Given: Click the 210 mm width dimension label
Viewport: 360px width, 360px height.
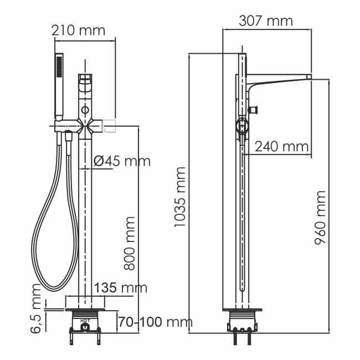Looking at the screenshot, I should pos(78,30).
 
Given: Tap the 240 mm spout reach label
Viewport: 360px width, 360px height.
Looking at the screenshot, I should pos(281,147).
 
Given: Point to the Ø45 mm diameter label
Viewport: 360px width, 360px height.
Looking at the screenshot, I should pos(122,161).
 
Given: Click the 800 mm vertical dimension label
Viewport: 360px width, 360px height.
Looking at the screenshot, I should pos(129,243).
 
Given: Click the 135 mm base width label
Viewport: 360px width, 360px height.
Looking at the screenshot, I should pos(121,287).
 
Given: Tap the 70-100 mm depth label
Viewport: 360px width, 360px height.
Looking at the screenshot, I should pos(155,322).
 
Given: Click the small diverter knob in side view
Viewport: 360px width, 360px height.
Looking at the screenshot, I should pos(255,109).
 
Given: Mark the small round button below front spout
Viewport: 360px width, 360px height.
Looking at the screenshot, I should pos(85,107).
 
